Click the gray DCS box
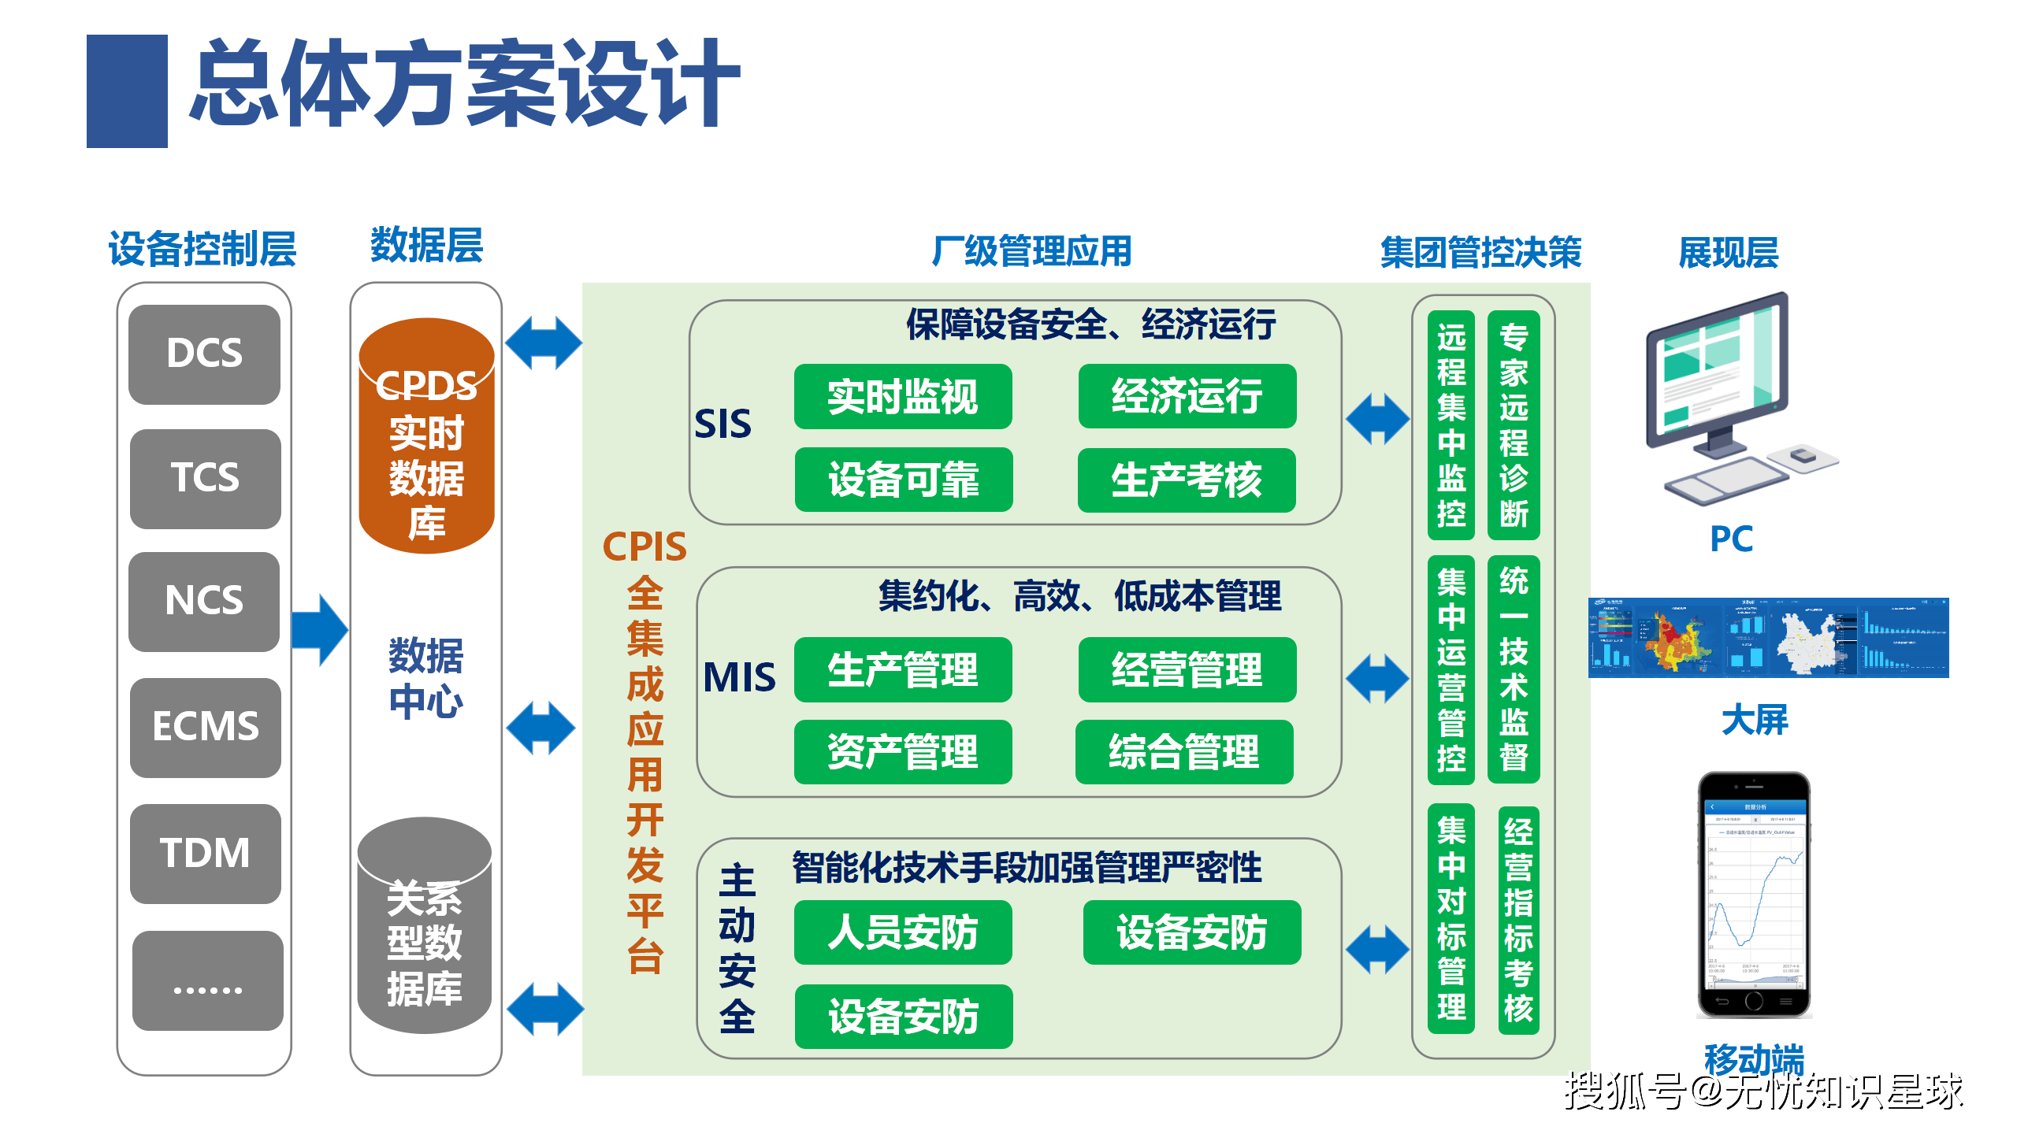(204, 354)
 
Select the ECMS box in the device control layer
(205, 727)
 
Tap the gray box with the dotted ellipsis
(207, 980)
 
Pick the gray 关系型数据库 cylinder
(425, 929)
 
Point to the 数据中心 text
(426, 678)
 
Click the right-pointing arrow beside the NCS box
(319, 630)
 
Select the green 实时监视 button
(903, 396)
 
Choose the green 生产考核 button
(1187, 480)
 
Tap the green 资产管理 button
(903, 751)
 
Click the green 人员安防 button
(903, 932)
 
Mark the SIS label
(722, 424)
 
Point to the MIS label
(739, 677)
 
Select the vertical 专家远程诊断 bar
(1514, 425)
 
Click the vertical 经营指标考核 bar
(1518, 919)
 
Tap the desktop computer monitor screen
(1718, 370)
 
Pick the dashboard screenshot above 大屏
(1768, 638)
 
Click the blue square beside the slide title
(127, 91)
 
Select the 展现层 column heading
(1729, 253)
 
